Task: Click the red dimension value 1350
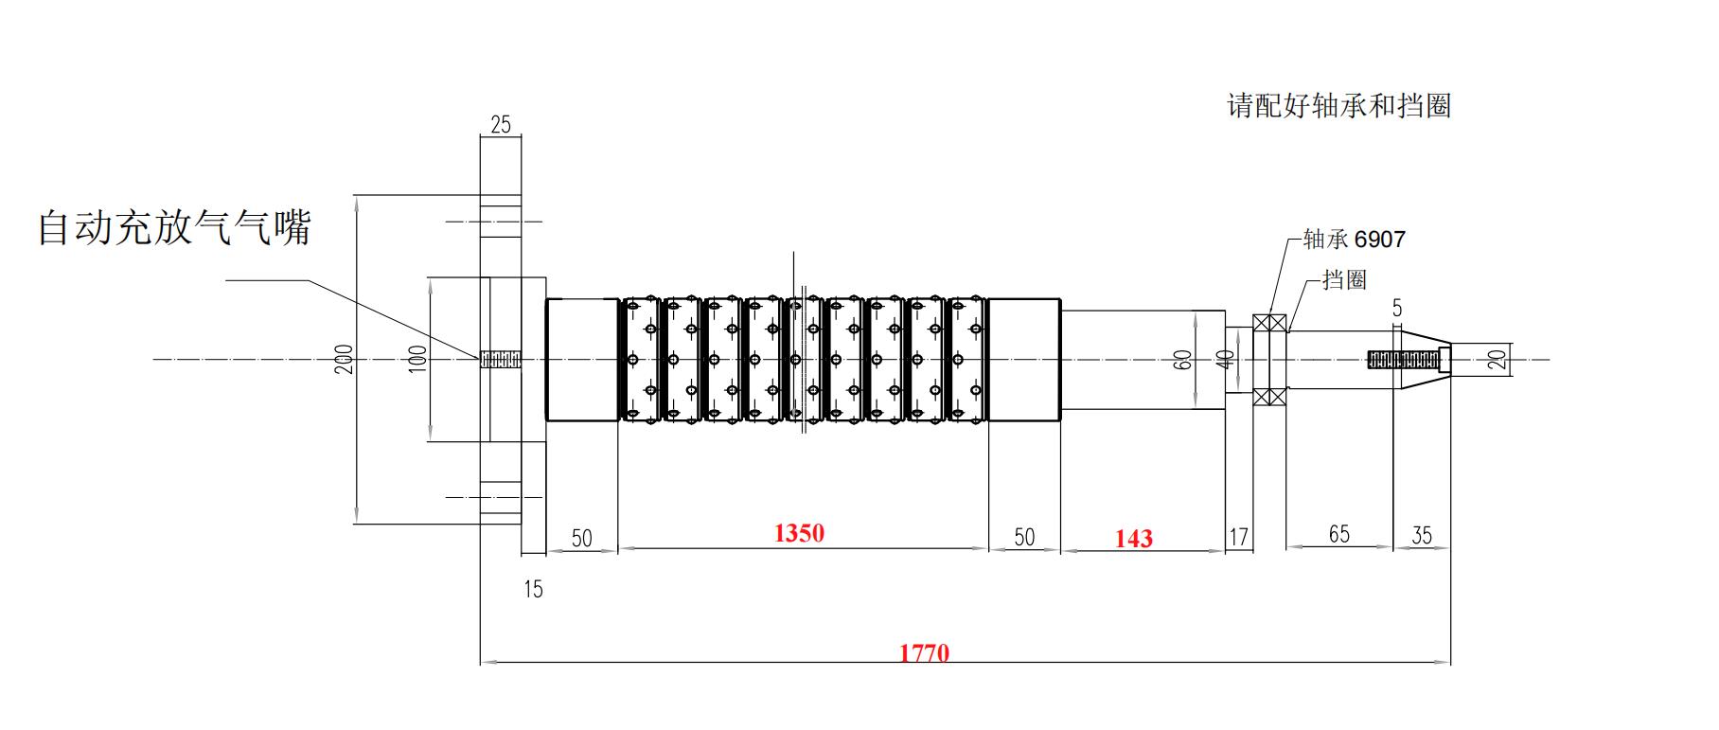coord(799,533)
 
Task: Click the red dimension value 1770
coord(924,652)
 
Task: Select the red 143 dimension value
coord(1133,538)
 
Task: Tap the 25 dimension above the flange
coord(501,124)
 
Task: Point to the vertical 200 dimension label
coord(345,359)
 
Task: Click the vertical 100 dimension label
coord(417,358)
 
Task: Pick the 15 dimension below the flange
coord(533,589)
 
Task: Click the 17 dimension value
coord(1238,537)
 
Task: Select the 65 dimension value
coord(1338,534)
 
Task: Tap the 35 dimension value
coord(1422,535)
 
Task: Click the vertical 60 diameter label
coord(1182,360)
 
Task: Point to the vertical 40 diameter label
coord(1226,360)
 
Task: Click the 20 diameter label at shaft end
coord(1497,359)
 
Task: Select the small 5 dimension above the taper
coord(1397,308)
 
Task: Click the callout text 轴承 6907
coord(1354,240)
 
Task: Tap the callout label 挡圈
coord(1344,279)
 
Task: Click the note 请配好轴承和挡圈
coord(1338,105)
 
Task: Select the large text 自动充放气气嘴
coord(174,228)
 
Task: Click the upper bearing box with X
coord(1269,323)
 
